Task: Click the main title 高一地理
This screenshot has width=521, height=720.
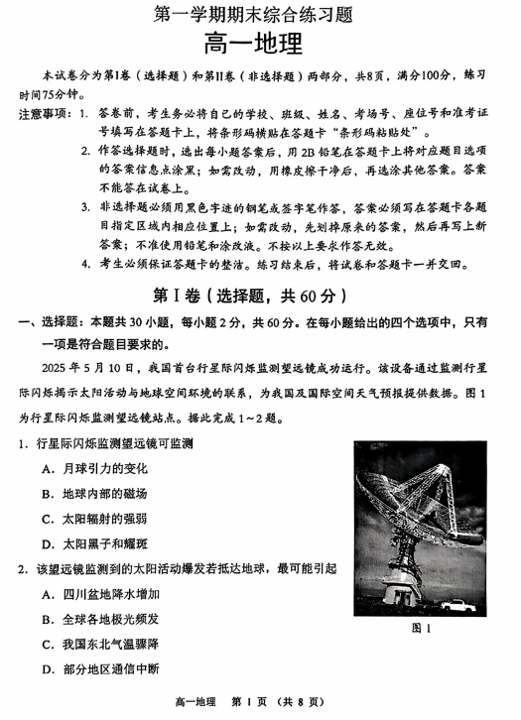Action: coord(260,45)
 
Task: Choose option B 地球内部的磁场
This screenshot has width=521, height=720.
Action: coord(95,493)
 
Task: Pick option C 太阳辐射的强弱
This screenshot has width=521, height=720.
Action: coord(95,518)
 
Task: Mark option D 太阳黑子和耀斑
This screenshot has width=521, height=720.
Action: coord(95,543)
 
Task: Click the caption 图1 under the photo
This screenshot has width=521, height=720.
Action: coord(422,628)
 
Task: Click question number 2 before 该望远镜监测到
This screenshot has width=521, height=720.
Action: coord(20,569)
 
